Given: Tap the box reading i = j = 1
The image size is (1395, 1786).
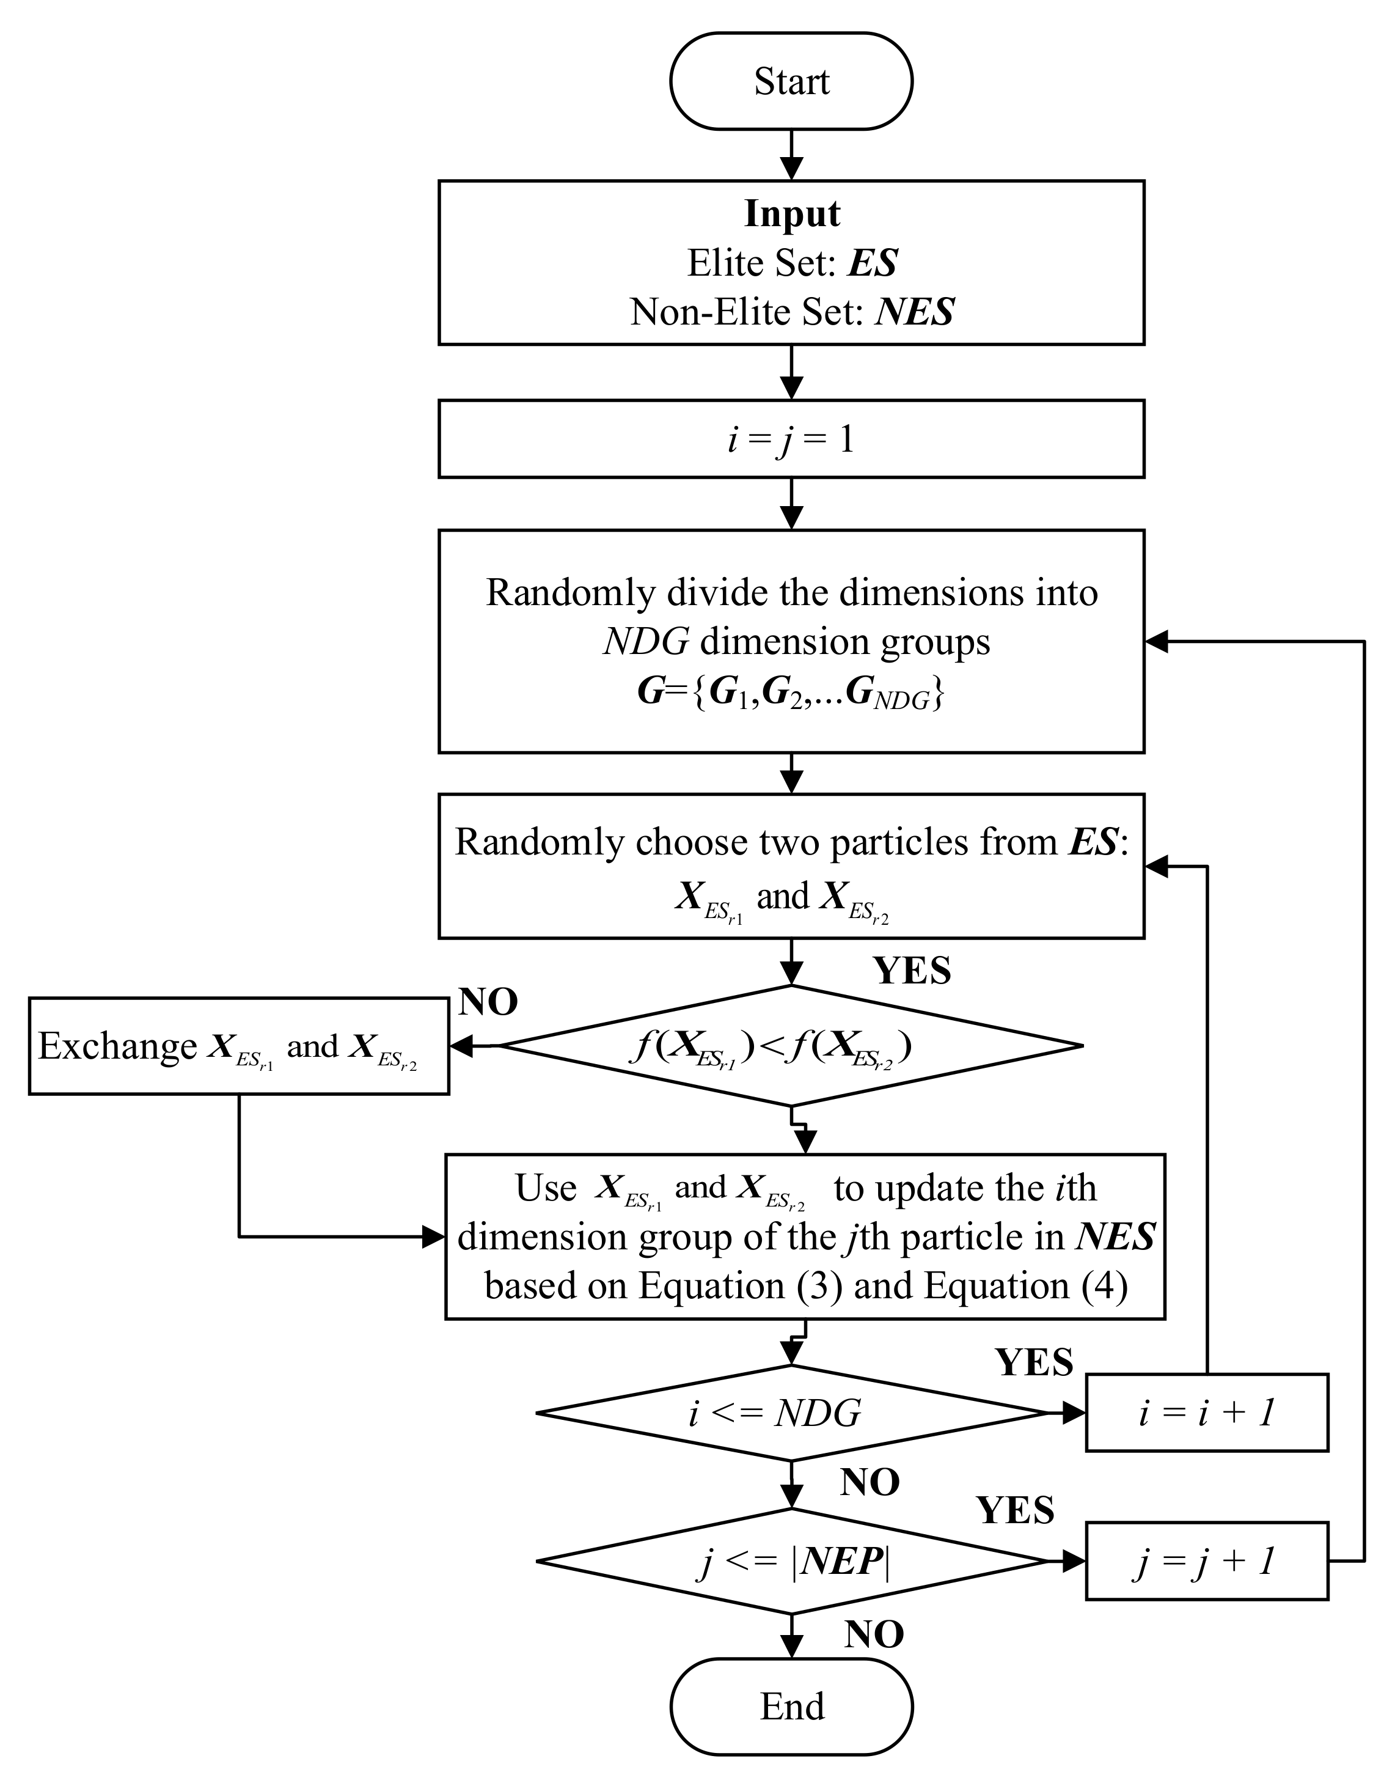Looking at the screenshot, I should click(791, 439).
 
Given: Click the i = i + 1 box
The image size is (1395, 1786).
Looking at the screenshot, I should click(1206, 1413).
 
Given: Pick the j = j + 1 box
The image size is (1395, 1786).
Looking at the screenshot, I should click(1206, 1561).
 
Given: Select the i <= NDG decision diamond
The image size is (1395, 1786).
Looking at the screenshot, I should click(791, 1413).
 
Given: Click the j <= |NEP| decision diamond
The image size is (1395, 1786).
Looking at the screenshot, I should click(791, 1561).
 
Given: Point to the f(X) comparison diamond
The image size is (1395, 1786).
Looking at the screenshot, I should click(791, 1046).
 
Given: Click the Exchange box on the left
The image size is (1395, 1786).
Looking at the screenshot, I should click(239, 1046).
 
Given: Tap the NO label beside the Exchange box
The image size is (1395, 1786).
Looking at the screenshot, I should click(488, 1002).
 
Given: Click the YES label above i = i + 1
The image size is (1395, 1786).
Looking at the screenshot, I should click(1034, 1362).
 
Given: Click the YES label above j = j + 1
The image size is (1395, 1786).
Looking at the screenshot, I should click(1016, 1510).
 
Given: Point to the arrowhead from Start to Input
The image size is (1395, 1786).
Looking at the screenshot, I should click(791, 169).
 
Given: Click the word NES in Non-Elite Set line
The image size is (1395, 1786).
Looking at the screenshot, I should click(914, 312).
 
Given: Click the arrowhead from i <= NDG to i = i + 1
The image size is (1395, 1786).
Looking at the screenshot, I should click(1074, 1413).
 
